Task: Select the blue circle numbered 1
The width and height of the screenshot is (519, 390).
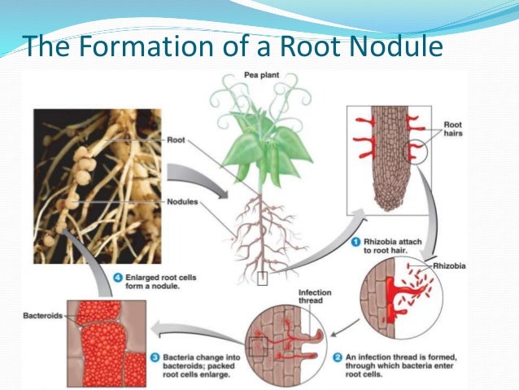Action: click(355, 241)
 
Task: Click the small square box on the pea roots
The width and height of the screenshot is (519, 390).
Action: click(261, 281)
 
